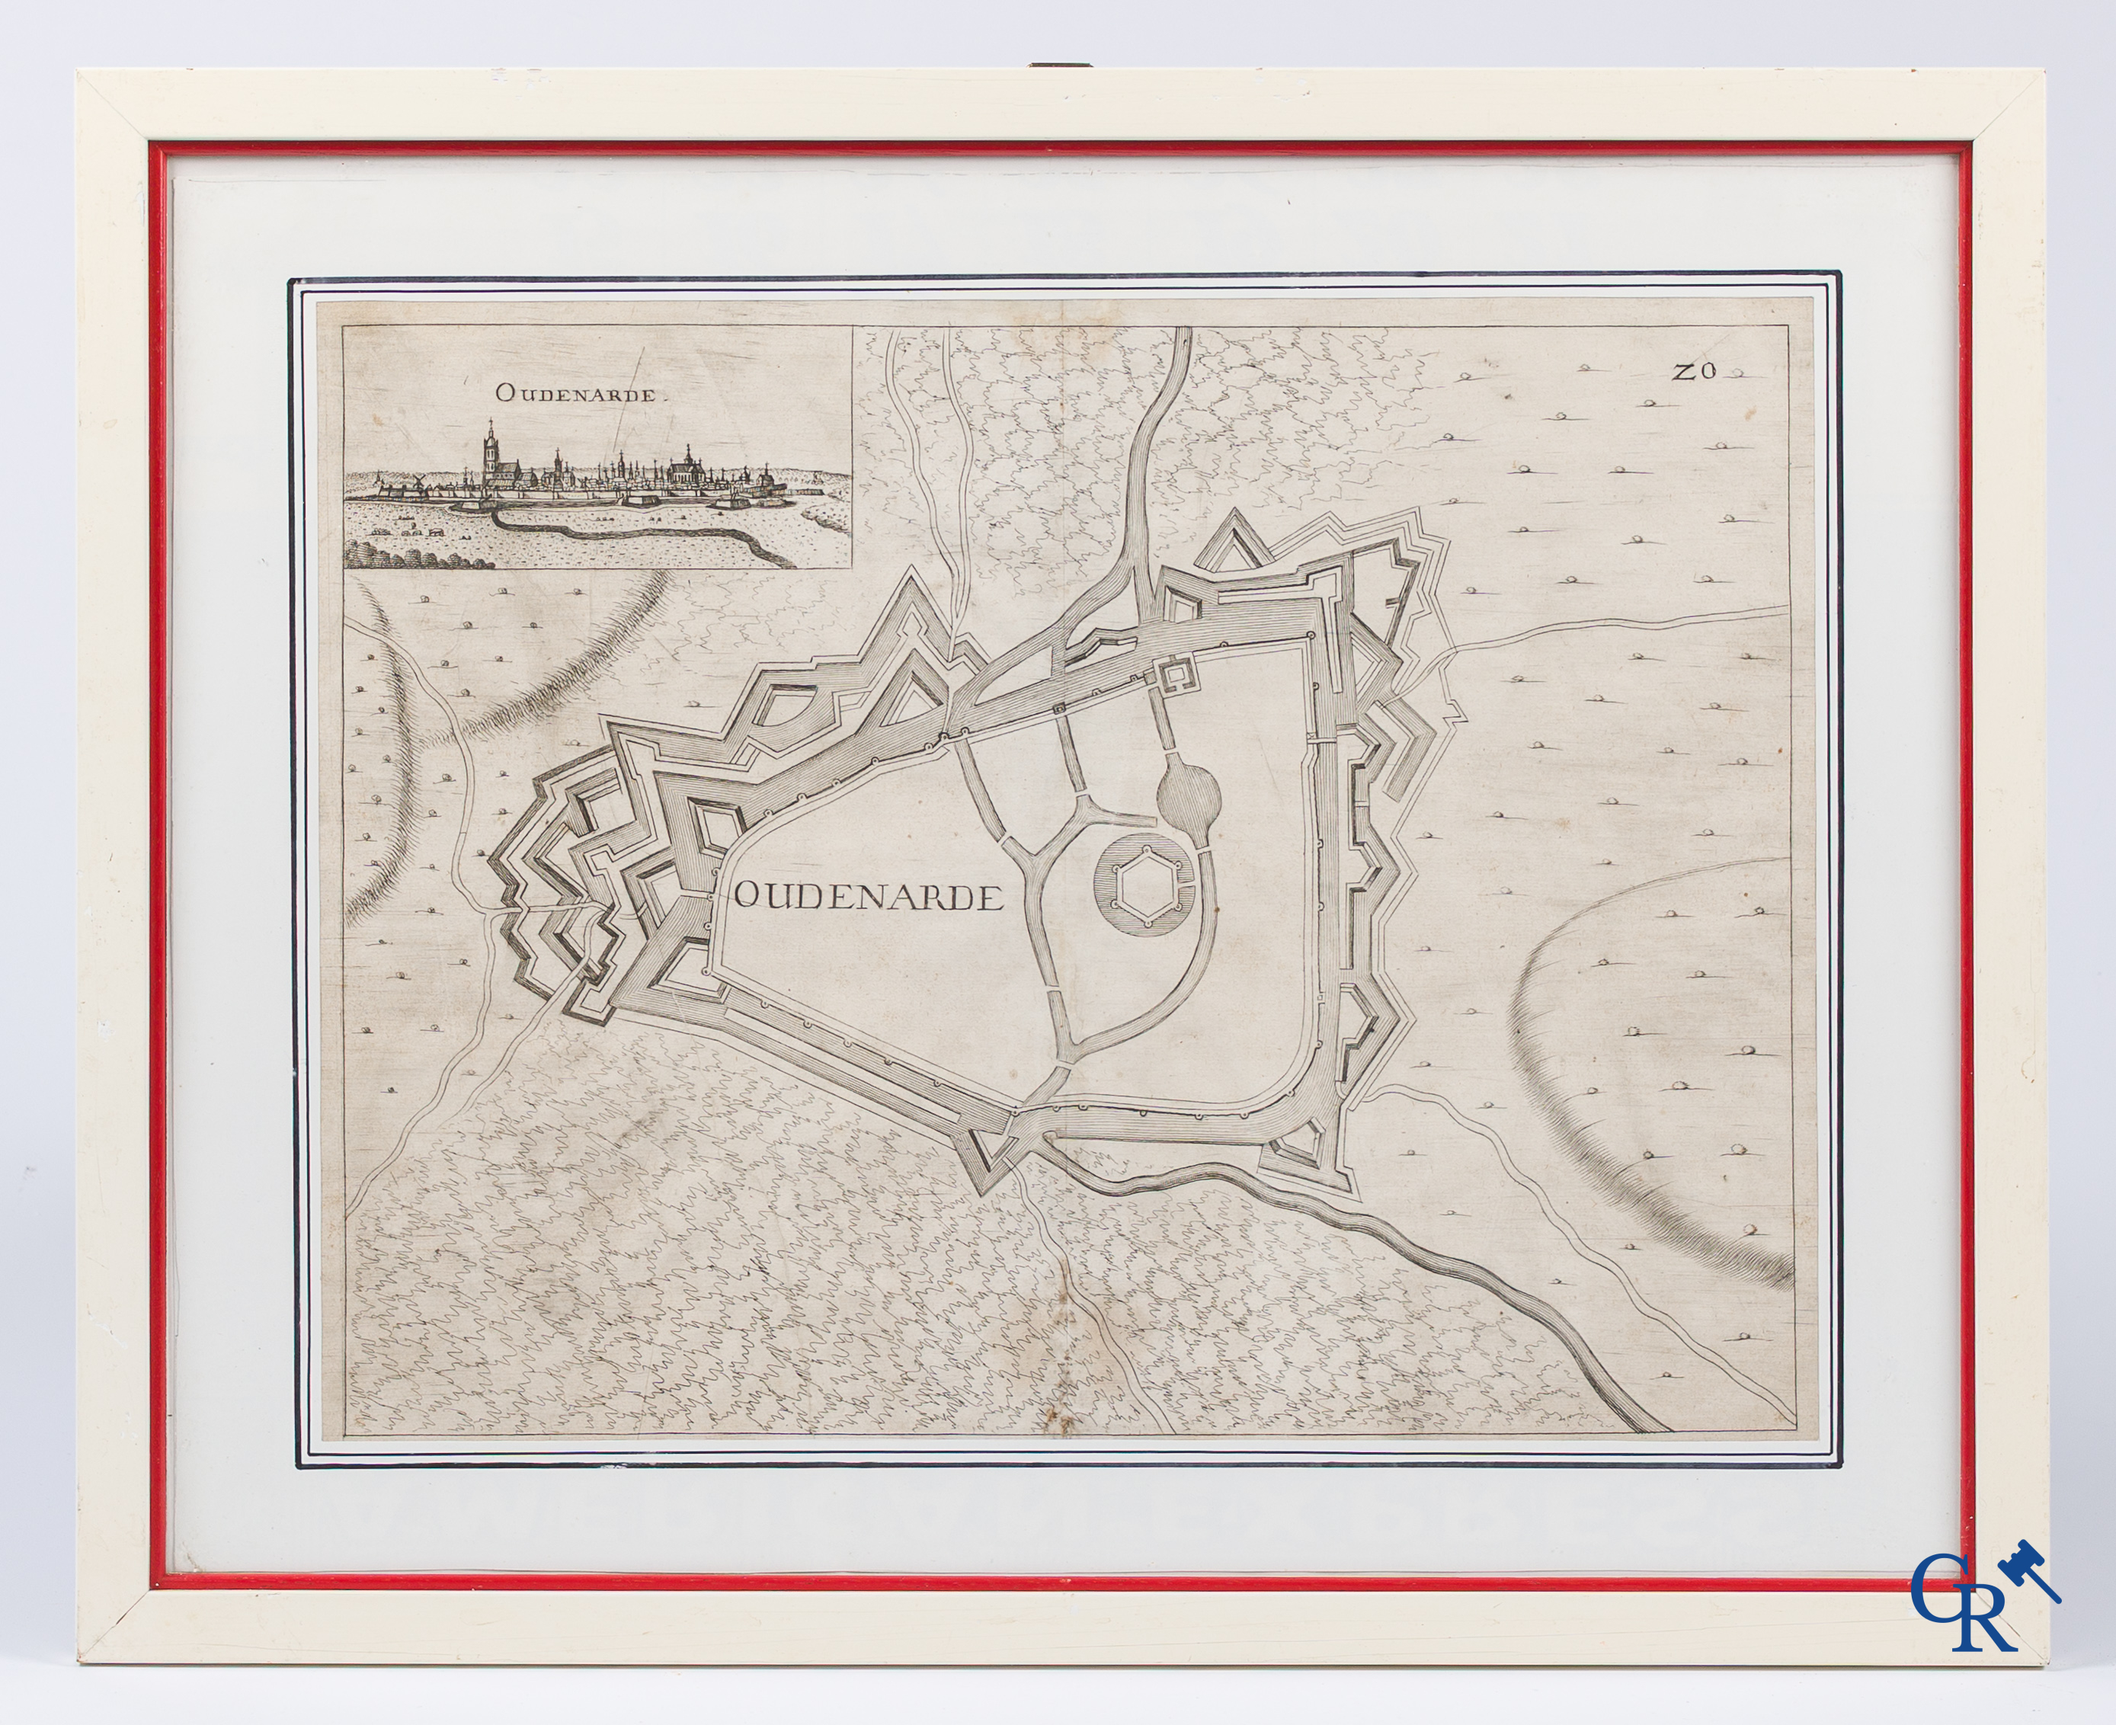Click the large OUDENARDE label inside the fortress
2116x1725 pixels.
pos(866,898)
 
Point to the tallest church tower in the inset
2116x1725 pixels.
pos(490,455)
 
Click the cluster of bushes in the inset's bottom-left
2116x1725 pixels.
pos(373,548)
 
